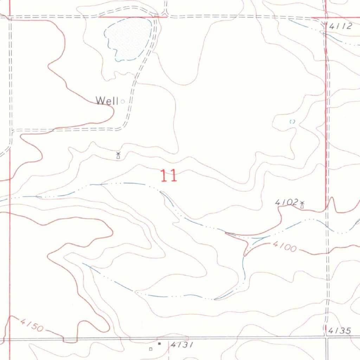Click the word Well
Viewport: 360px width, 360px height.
click(107, 101)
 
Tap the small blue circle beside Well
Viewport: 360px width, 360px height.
click(122, 102)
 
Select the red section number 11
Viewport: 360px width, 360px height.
click(169, 176)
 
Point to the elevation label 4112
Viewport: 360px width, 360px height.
click(340, 26)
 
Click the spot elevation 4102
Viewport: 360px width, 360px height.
click(286, 202)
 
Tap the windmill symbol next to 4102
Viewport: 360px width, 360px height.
click(302, 204)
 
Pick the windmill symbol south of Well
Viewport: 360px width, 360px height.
click(118, 155)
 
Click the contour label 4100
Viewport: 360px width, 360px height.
click(284, 247)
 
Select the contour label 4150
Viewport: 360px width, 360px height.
click(32, 325)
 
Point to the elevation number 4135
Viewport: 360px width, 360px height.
click(340, 331)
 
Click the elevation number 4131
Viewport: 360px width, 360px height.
click(182, 345)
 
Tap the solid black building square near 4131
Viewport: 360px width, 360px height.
click(159, 343)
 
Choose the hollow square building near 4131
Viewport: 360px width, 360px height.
click(151, 349)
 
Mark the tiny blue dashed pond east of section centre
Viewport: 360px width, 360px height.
click(292, 122)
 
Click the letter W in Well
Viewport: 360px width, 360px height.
click(100, 101)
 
